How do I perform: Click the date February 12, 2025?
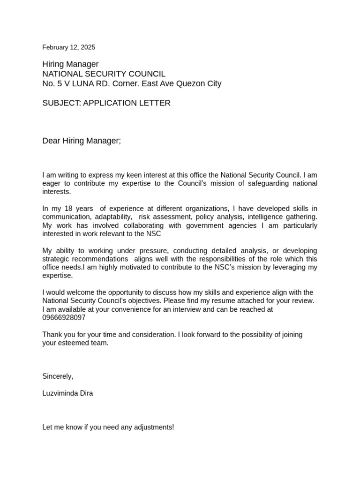pyautogui.click(x=68, y=47)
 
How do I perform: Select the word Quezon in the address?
pyautogui.click(x=188, y=84)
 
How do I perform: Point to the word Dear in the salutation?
pyautogui.click(x=52, y=141)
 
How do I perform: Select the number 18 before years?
pyautogui.click(x=68, y=209)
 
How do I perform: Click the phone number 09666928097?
pyautogui.click(x=64, y=318)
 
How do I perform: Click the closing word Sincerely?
pyautogui.click(x=58, y=376)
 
